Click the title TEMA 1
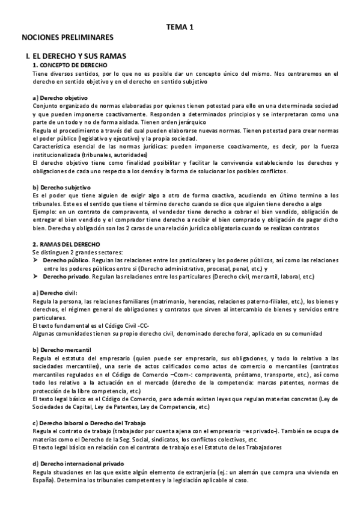[179, 26]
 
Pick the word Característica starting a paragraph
[53, 146]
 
